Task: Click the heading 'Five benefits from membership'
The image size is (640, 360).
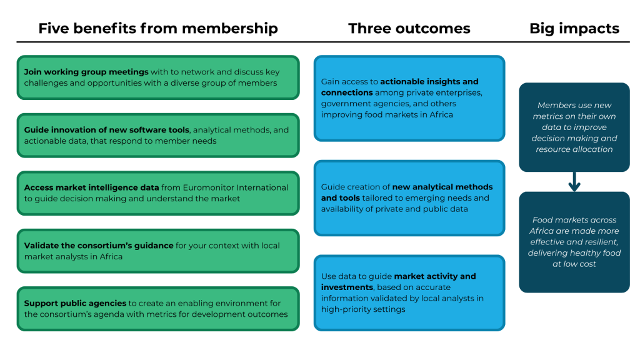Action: [158, 29]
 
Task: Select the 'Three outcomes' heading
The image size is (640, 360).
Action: [409, 29]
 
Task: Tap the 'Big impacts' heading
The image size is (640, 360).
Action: [574, 29]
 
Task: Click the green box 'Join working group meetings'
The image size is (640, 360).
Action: [158, 77]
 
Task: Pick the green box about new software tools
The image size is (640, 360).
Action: [158, 136]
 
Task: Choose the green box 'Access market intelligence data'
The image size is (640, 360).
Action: [158, 193]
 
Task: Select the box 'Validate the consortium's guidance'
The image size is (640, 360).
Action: [158, 251]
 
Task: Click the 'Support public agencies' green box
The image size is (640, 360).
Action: [158, 309]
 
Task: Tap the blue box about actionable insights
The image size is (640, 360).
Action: [409, 98]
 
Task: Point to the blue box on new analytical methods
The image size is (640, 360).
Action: [409, 198]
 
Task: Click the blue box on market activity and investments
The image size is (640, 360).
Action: [409, 292]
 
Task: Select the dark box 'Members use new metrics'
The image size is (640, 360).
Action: [574, 127]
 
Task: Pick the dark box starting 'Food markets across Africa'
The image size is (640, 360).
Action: [574, 242]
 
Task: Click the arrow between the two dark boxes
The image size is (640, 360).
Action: [574, 182]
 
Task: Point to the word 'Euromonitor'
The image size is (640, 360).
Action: [209, 187]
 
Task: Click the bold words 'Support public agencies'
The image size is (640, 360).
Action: [75, 304]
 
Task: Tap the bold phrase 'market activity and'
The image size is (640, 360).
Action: [435, 276]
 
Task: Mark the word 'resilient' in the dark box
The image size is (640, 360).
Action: [601, 242]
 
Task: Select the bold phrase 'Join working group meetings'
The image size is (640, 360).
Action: [86, 72]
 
